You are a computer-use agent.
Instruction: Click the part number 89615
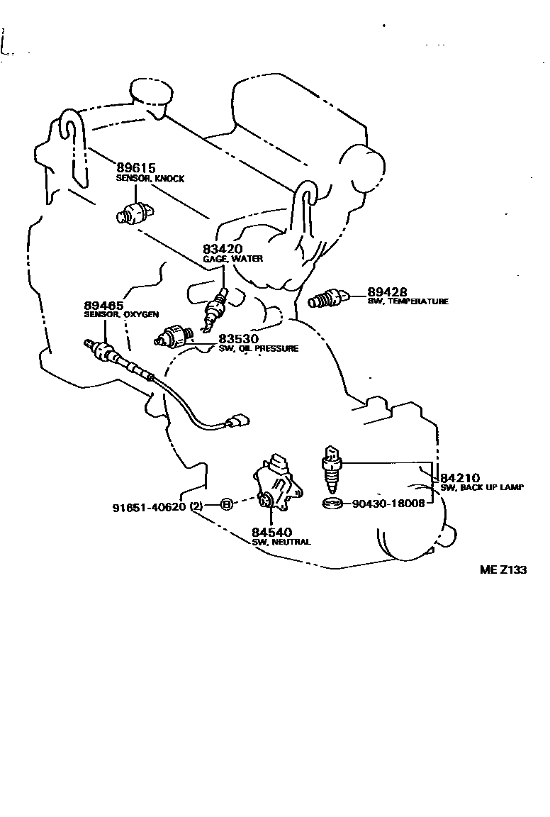click(x=135, y=168)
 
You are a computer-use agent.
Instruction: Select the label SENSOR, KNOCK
click(x=150, y=179)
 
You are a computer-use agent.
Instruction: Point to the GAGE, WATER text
click(x=232, y=258)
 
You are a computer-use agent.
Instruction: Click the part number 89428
click(x=388, y=291)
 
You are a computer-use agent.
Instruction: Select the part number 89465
click(x=103, y=306)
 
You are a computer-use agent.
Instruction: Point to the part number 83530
click(x=238, y=339)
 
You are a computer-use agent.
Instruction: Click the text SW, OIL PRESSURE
click(x=258, y=349)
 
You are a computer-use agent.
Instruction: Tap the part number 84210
click(x=461, y=478)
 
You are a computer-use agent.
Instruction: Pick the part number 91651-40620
click(x=149, y=506)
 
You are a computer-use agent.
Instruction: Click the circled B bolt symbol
click(x=227, y=504)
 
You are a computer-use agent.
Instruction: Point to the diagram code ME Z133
click(x=503, y=569)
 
